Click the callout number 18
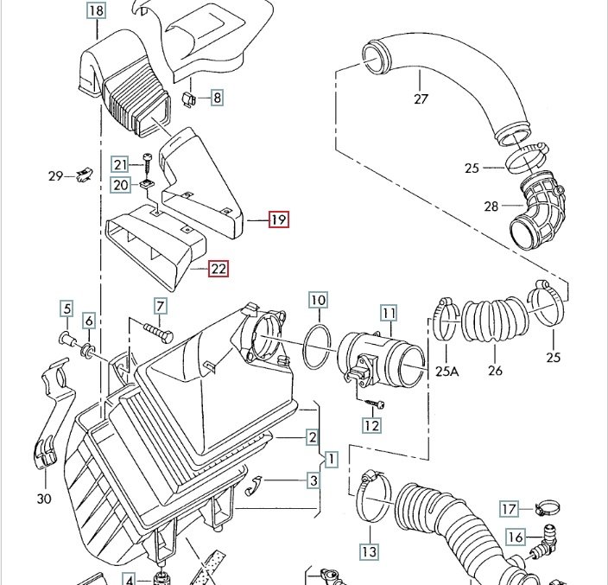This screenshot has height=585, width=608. (x=96, y=11)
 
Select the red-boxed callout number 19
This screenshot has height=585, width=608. (x=278, y=219)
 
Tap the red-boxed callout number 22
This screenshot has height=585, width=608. (x=218, y=269)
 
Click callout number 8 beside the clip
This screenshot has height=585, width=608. (x=217, y=99)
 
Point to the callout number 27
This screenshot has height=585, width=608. (x=421, y=99)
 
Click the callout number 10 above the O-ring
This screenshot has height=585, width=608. (x=318, y=301)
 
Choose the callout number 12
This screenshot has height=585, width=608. (x=371, y=425)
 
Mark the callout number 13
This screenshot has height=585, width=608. (x=369, y=551)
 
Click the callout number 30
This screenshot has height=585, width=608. (x=43, y=498)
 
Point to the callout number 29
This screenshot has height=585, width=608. (x=56, y=176)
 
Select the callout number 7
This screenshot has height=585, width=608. (x=160, y=306)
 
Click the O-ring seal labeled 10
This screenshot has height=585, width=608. (x=318, y=347)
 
